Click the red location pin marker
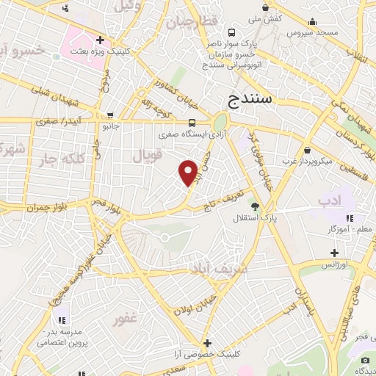189,172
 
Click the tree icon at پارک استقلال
256,206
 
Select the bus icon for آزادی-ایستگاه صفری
191,123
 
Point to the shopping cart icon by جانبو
110,115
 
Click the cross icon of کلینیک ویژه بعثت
101,40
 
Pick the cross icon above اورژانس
334,252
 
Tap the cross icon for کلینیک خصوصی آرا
208,343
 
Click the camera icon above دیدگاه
365,359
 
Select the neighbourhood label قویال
147,156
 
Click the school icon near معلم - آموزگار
350,218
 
